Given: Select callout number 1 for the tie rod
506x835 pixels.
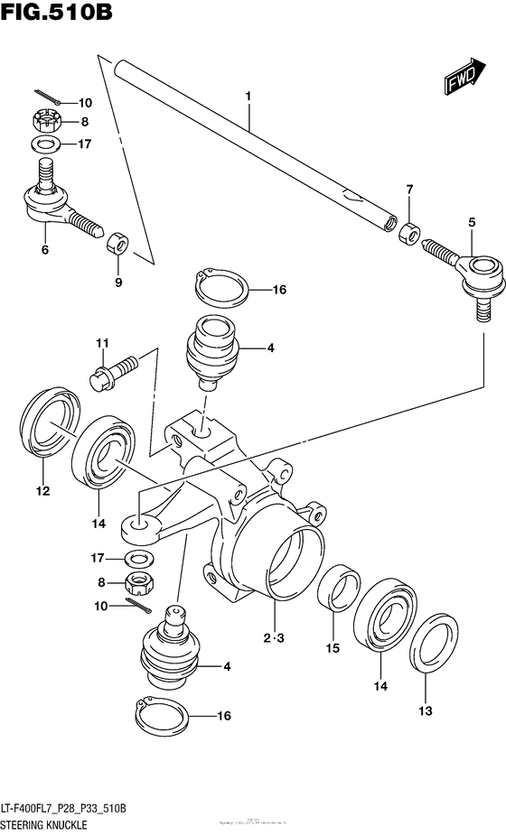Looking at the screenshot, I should tap(248, 95).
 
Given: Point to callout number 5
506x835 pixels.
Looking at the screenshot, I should tap(471, 221).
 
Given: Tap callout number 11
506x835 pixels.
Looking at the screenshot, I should tap(103, 342).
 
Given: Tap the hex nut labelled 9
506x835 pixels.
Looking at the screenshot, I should tap(118, 244).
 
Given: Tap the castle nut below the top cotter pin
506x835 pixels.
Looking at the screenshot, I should tap(46, 118).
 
